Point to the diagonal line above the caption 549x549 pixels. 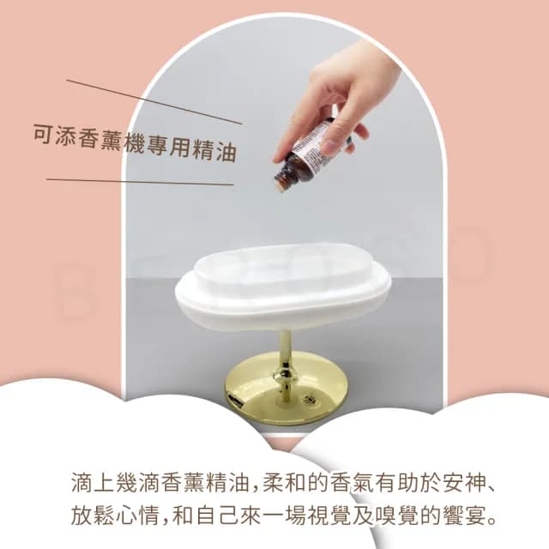click(x=154, y=102)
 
